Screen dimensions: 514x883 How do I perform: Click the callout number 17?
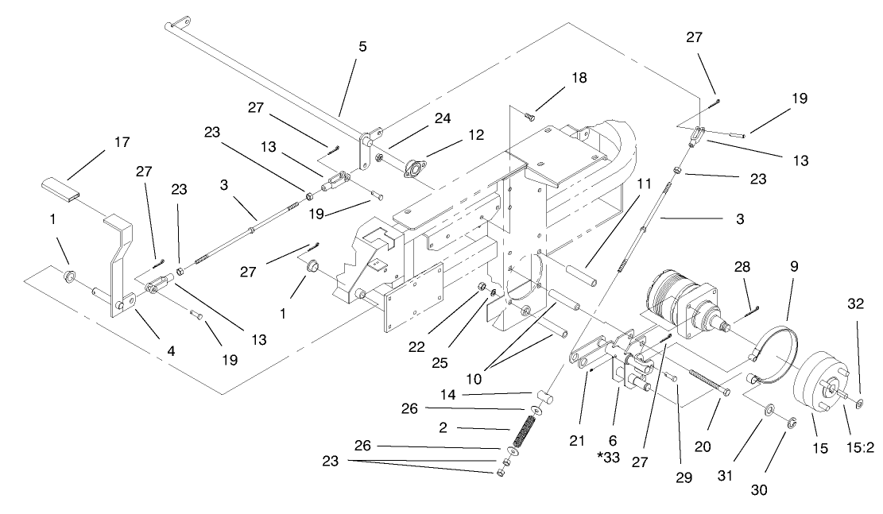coord(121,143)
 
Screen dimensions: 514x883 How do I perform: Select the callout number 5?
coord(362,47)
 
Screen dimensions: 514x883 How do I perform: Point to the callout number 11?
coord(645,184)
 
